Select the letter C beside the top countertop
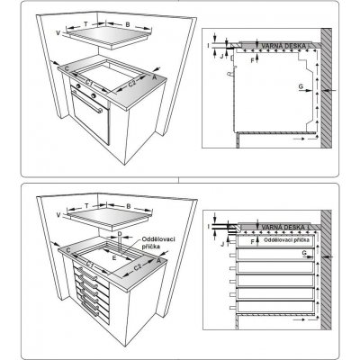[x=67, y=67]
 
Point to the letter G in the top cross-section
[x=299, y=87]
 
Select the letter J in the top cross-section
[x=220, y=56]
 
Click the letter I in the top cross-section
[x=208, y=42]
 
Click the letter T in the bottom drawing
[x=85, y=205]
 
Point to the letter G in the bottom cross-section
[x=306, y=256]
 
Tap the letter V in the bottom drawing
[x=58, y=217]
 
